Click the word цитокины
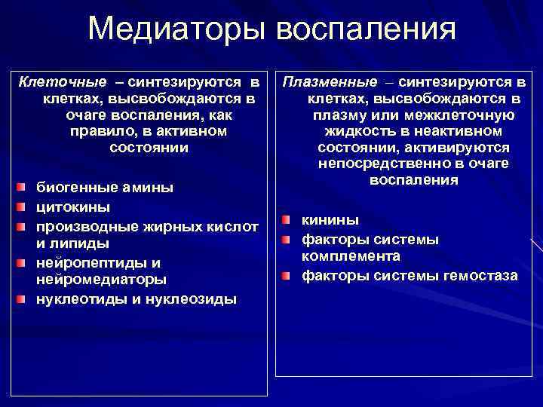pos(73,206)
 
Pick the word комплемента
pos(351,257)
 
